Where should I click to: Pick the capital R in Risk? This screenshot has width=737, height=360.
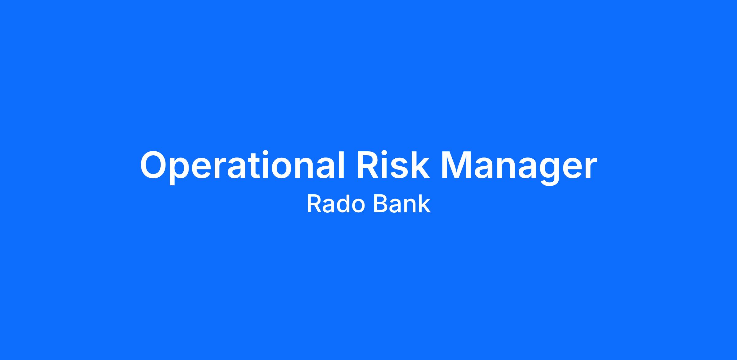pos(367,165)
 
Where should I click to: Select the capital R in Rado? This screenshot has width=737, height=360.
pos(314,204)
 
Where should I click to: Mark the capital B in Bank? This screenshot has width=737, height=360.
pos(380,204)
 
